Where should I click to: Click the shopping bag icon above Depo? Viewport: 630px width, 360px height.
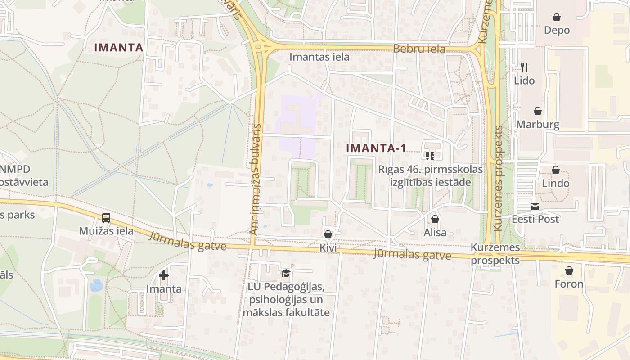557,17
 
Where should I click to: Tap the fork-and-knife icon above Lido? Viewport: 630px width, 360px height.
524,67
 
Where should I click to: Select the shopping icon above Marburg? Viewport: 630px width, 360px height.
537,111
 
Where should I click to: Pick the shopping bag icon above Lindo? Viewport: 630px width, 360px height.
556,170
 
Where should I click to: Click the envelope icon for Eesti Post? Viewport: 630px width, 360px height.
535,207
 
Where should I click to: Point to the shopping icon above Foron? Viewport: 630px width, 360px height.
569,270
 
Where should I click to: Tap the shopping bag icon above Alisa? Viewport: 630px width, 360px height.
435,220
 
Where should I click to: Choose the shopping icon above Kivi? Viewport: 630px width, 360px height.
328,234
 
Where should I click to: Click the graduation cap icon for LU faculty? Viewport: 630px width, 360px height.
286,273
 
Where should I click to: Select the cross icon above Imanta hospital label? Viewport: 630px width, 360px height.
164,275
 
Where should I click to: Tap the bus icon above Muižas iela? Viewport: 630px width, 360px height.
106,218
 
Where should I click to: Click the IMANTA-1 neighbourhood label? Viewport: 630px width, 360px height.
376,148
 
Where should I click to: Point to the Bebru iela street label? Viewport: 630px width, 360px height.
419,49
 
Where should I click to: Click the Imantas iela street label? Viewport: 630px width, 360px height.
319,57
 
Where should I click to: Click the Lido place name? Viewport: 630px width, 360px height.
524,81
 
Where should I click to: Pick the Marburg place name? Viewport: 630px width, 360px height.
538,125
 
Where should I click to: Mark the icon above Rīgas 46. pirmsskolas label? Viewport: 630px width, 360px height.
430,156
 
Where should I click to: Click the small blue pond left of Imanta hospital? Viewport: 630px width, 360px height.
96,285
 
